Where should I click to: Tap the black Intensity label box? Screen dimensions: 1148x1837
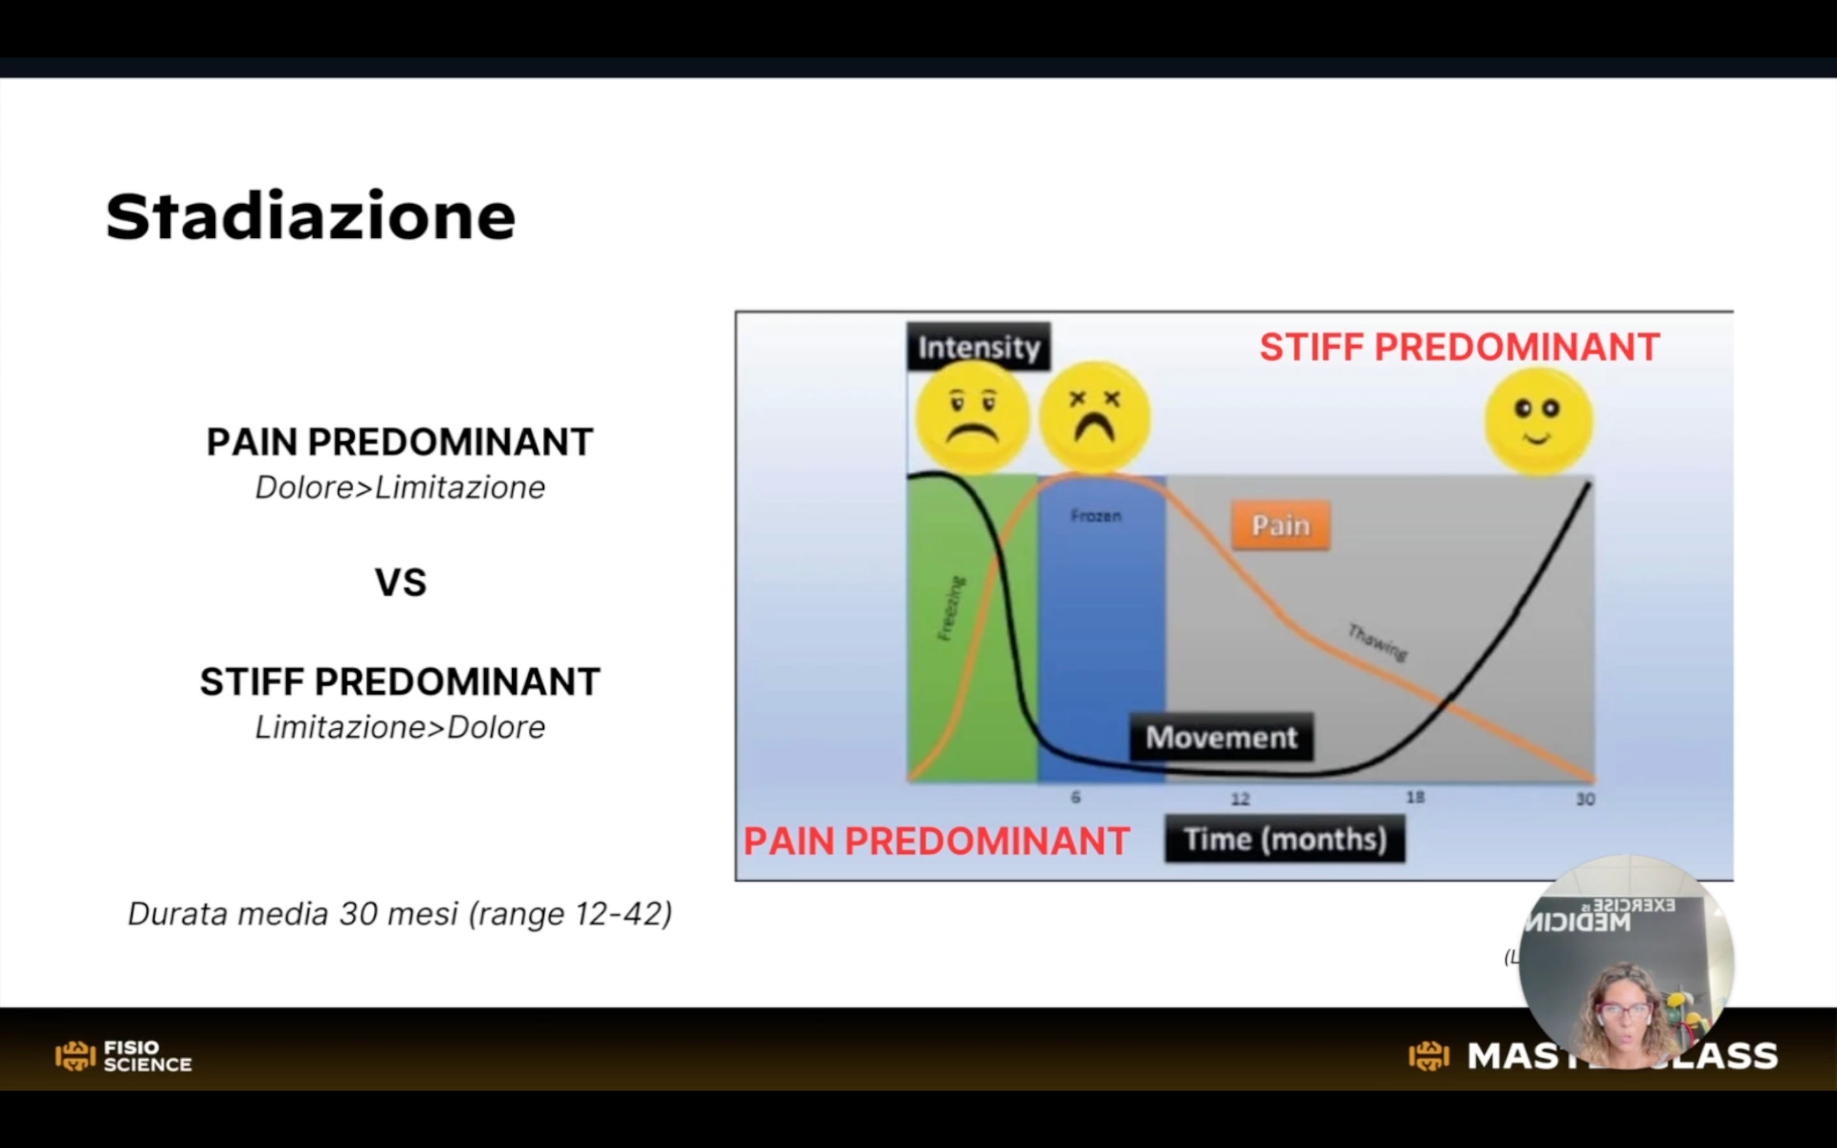point(978,347)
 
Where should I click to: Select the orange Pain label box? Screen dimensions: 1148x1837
point(1281,526)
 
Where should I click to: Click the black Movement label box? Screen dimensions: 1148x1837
point(1221,737)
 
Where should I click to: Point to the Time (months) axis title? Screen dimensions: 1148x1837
point(1285,839)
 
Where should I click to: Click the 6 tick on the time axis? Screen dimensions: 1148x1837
point(1075,797)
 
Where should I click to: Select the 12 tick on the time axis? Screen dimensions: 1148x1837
point(1239,798)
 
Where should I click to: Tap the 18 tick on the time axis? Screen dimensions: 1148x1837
point(1415,797)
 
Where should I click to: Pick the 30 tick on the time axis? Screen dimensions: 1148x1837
point(1585,798)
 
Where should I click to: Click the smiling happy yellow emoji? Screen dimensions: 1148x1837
point(1538,422)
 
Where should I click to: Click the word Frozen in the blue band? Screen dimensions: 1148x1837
point(1095,517)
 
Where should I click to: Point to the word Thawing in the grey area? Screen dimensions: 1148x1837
point(1377,642)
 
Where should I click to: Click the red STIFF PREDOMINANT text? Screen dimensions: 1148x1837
point(1459,348)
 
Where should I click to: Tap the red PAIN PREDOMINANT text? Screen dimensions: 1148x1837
point(936,841)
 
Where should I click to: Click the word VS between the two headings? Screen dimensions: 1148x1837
point(400,583)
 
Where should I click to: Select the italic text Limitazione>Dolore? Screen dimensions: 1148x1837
point(400,727)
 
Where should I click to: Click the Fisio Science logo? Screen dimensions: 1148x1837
point(124,1056)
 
